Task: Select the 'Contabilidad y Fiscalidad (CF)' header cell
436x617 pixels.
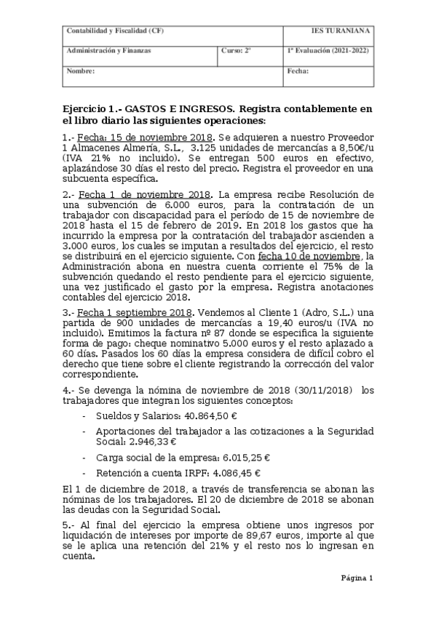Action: pos(106,31)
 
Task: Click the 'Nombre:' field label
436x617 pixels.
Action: pos(80,71)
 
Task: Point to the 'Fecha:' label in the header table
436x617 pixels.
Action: pos(298,71)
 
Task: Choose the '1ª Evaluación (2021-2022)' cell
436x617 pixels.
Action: pos(328,52)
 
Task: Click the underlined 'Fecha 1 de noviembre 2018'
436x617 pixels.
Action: pos(146,195)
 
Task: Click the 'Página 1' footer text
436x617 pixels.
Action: pos(357,578)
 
